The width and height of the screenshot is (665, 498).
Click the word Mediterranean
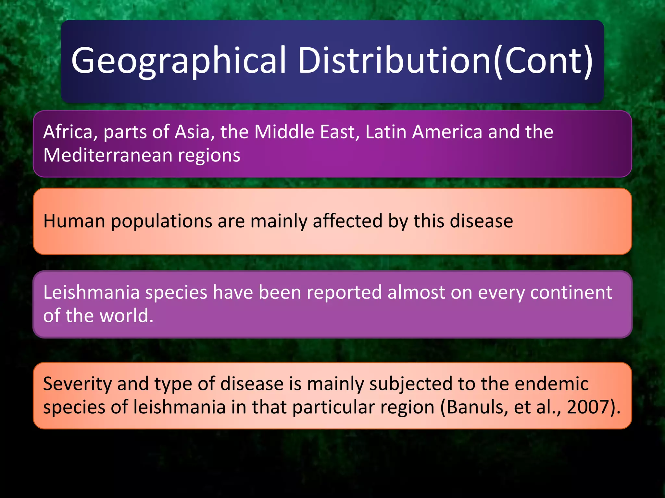(x=107, y=155)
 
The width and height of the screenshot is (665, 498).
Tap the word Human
(x=74, y=221)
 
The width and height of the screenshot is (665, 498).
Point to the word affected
(x=347, y=221)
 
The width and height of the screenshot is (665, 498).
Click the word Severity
(x=77, y=384)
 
